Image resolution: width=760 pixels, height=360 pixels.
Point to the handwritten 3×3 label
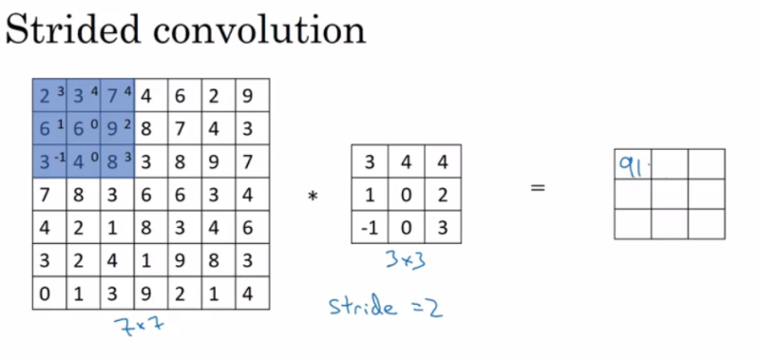click(406, 258)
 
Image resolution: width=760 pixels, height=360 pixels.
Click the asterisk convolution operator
click(311, 197)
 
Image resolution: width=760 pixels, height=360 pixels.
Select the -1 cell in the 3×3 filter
click(370, 228)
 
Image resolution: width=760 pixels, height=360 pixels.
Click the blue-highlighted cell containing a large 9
click(115, 126)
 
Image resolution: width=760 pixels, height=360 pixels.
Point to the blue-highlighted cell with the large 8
click(115, 159)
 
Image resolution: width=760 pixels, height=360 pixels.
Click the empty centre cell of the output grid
click(670, 194)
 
